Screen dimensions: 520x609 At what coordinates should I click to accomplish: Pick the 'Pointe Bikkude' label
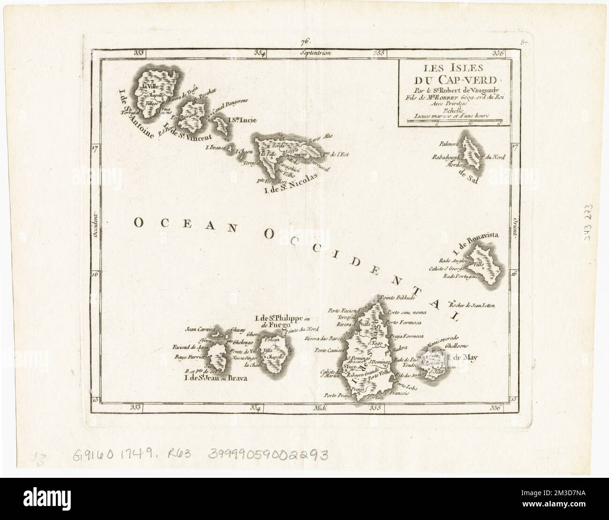coord(396,297)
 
